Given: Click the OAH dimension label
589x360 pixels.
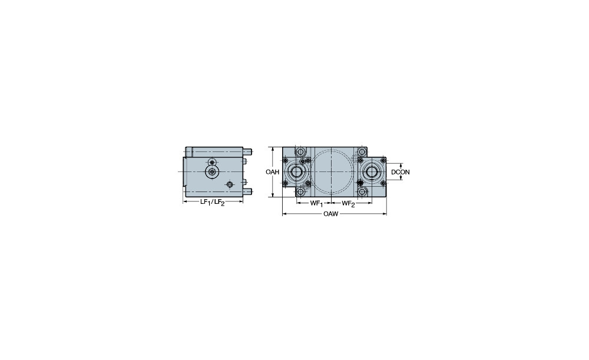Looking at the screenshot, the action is pyautogui.click(x=272, y=172).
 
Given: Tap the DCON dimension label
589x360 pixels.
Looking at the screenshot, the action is pyautogui.click(x=401, y=172).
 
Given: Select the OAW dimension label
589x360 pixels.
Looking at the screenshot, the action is pyautogui.click(x=330, y=214).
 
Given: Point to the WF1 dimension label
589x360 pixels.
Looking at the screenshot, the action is pyautogui.click(x=316, y=204).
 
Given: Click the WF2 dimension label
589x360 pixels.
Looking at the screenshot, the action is pyautogui.click(x=348, y=204).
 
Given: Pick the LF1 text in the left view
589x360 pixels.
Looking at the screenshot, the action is pyautogui.click(x=205, y=202).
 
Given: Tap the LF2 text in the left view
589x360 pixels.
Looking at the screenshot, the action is pyautogui.click(x=219, y=203).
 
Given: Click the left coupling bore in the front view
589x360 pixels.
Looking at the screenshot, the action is pyautogui.click(x=297, y=172).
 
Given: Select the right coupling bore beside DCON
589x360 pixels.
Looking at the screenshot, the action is pyautogui.click(x=372, y=172).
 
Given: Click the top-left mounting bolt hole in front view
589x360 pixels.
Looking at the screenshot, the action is pyautogui.click(x=300, y=152).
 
